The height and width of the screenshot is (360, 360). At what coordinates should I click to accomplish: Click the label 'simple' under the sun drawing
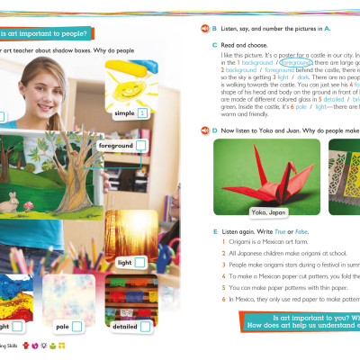pyautogui.click(x=122, y=115)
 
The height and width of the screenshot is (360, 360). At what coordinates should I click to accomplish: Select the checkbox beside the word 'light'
pyautogui.click(x=139, y=262)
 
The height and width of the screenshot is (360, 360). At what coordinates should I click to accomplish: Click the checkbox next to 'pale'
pyautogui.click(x=78, y=326)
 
